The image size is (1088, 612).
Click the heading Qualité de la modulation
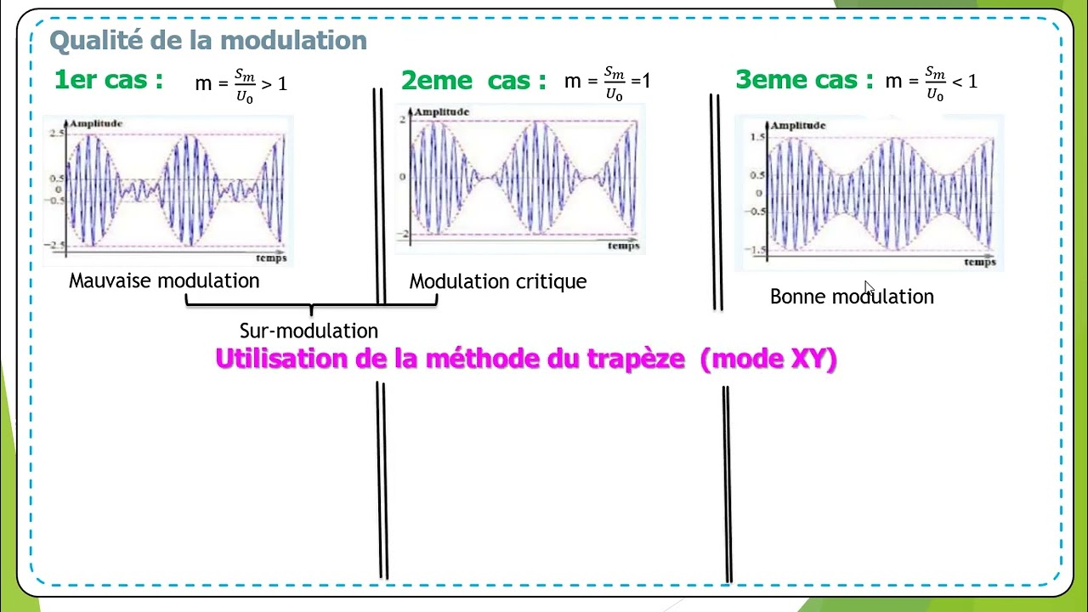(x=208, y=40)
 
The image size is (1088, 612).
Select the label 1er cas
(x=108, y=80)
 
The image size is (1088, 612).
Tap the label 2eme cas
(x=473, y=81)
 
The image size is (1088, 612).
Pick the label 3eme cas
(x=804, y=80)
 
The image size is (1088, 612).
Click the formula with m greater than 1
(x=241, y=83)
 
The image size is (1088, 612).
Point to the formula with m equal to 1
(x=607, y=82)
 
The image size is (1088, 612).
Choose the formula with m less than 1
(x=932, y=82)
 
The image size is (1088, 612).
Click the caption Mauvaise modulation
(x=164, y=280)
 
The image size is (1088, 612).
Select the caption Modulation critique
(x=498, y=281)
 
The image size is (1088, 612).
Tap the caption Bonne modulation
(x=852, y=297)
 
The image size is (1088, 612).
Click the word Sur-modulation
(x=309, y=331)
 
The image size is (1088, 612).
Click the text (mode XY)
(x=768, y=359)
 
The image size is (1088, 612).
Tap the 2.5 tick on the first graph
(x=56, y=134)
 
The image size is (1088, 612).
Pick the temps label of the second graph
(x=623, y=246)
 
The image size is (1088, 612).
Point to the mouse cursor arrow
(x=869, y=288)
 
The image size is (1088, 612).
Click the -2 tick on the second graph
(x=405, y=234)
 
